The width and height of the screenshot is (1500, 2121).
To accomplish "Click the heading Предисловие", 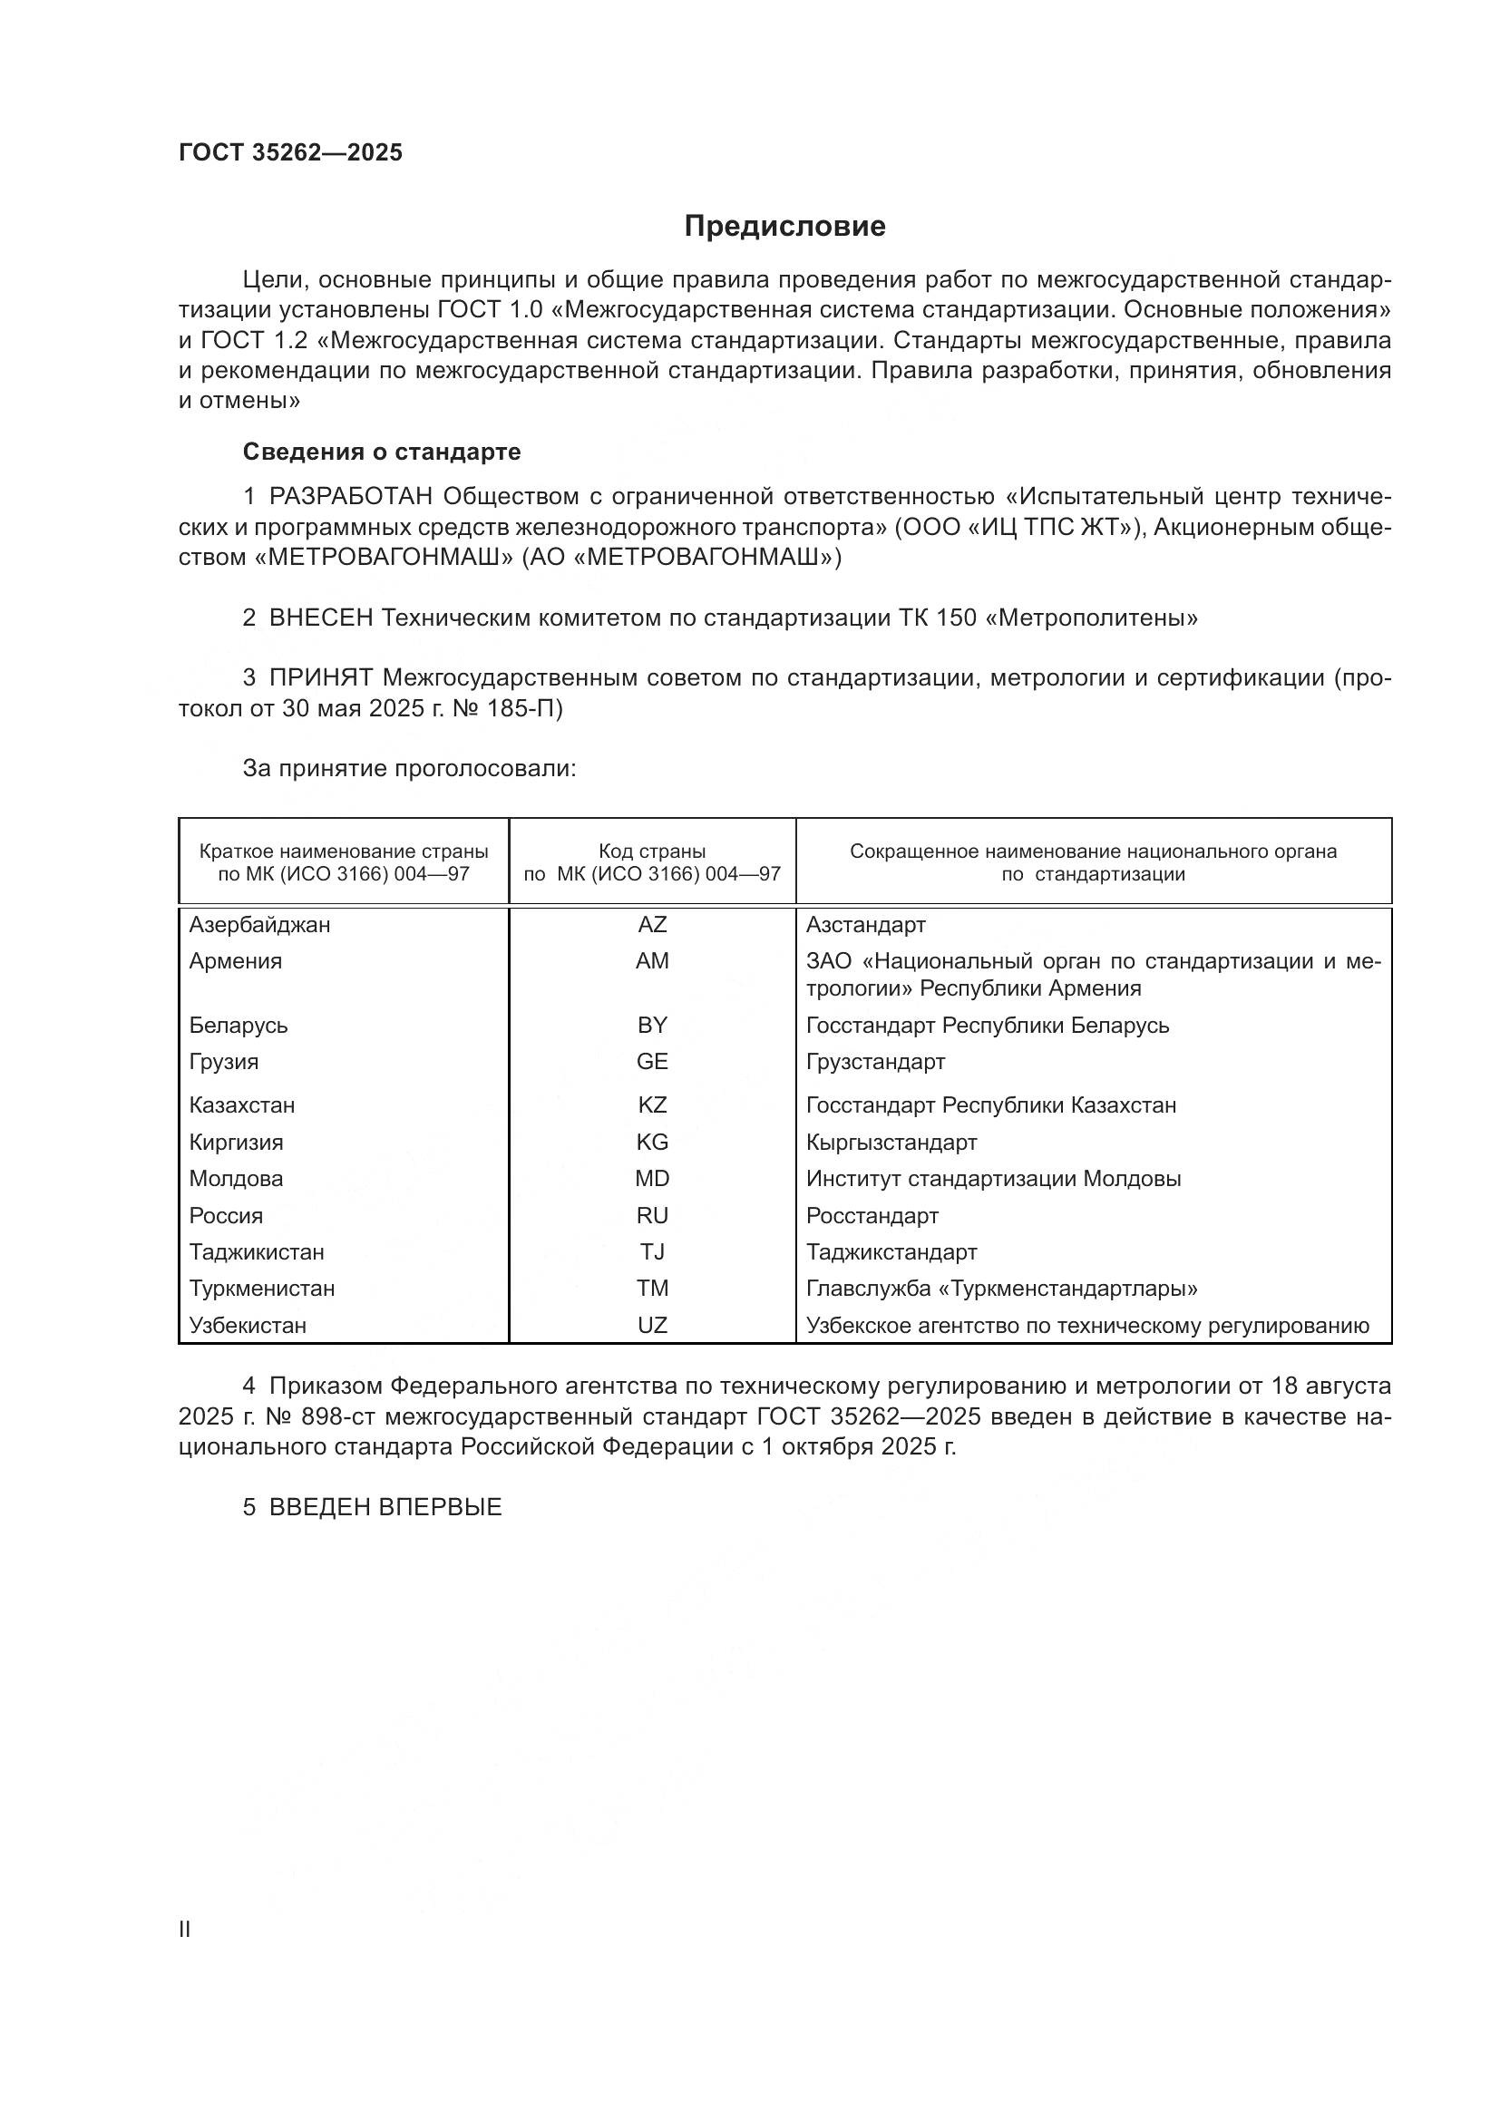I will (x=784, y=227).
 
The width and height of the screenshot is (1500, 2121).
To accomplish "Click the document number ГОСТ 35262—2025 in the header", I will (x=291, y=153).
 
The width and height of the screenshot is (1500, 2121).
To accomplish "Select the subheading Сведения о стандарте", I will (x=382, y=452).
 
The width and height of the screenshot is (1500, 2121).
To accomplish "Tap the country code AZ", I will (x=652, y=925).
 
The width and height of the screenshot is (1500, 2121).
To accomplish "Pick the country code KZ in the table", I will (x=652, y=1104).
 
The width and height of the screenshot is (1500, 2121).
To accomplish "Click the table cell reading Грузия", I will (x=223, y=1062).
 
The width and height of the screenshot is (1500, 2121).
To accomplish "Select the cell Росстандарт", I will (x=872, y=1216).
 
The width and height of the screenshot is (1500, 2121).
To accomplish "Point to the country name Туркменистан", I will (x=262, y=1289).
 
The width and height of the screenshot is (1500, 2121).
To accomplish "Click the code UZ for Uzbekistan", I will (x=652, y=1326).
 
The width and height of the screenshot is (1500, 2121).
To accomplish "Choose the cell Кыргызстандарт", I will (x=891, y=1143).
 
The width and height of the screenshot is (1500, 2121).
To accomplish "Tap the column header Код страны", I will (x=652, y=851).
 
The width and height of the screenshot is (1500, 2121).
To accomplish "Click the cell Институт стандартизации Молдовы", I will (x=993, y=1179).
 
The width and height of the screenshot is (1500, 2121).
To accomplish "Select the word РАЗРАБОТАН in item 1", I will (x=351, y=497).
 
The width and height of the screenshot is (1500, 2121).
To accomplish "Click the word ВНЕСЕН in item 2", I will (x=320, y=618).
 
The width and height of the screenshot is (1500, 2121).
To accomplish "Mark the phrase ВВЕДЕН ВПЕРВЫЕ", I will (x=385, y=1508).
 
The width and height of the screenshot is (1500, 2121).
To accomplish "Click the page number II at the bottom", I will (x=185, y=1930).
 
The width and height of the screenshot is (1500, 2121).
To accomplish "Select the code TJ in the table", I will (x=652, y=1252).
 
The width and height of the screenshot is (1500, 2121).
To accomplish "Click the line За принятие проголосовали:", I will (x=409, y=769).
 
